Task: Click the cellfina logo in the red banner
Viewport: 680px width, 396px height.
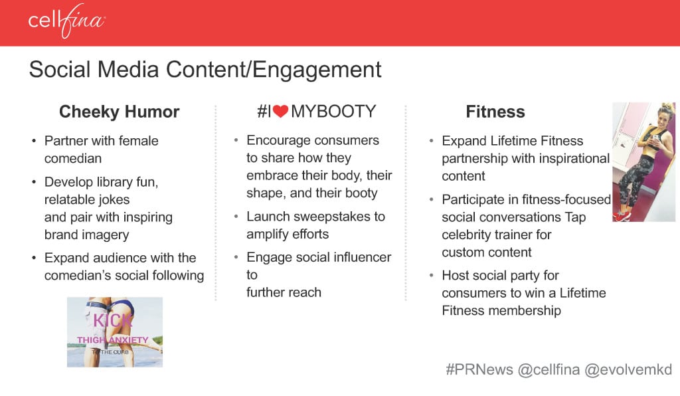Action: pyautogui.click(x=66, y=21)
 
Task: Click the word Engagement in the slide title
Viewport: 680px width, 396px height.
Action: pyautogui.click(x=317, y=70)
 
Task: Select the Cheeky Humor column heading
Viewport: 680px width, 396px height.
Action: pyautogui.click(x=120, y=112)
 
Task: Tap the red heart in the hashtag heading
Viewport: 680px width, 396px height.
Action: pyautogui.click(x=281, y=112)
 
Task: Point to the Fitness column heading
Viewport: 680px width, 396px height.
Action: pyautogui.click(x=495, y=112)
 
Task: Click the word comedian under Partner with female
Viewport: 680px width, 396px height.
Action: pyautogui.click(x=73, y=158)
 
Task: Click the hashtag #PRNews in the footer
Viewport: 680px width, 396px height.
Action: pyautogui.click(x=479, y=369)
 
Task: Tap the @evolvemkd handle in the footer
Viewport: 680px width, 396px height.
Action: pyautogui.click(x=628, y=369)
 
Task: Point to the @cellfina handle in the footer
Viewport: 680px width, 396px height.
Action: pyautogui.click(x=549, y=369)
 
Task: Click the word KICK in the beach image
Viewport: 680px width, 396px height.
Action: pyautogui.click(x=112, y=321)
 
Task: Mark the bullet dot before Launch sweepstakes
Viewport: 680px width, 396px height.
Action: pyautogui.click(x=236, y=216)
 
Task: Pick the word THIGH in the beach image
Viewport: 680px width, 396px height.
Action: pyautogui.click(x=92, y=340)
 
